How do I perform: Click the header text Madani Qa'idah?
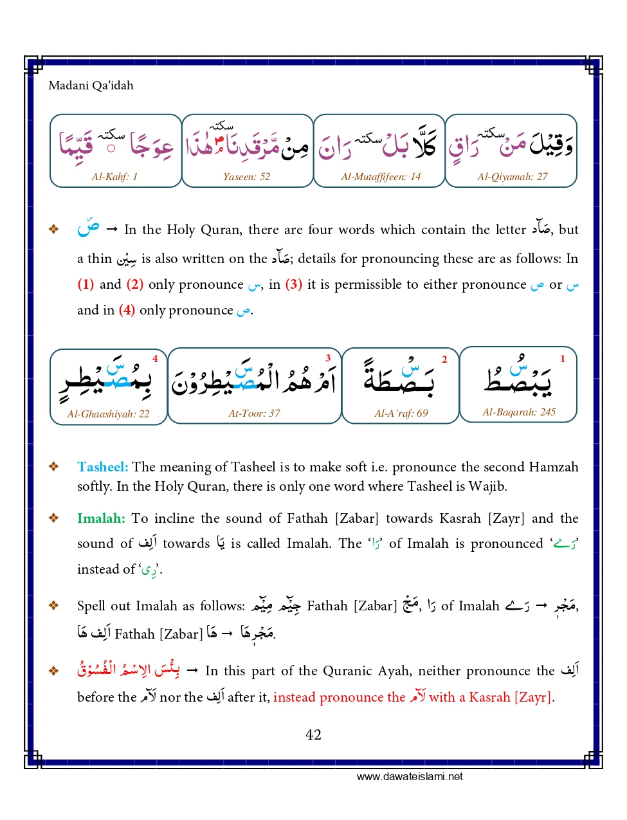click(x=91, y=86)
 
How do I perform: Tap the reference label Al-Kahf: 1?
click(x=114, y=176)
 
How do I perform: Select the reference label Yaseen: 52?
click(x=247, y=176)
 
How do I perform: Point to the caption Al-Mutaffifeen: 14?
click(x=381, y=176)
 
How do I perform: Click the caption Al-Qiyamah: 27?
click(x=513, y=176)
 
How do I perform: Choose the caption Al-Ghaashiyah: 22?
click(x=108, y=414)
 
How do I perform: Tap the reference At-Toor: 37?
click(x=255, y=414)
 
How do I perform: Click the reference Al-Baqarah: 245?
click(x=519, y=412)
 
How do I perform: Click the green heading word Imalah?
click(x=101, y=518)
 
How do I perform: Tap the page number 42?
click(x=313, y=735)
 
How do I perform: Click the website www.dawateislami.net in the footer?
click(x=410, y=776)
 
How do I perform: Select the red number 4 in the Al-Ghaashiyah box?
click(x=155, y=359)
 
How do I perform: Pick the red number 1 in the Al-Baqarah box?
click(x=563, y=359)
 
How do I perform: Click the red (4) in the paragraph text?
click(x=127, y=310)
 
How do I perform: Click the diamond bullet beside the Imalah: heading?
click(x=54, y=518)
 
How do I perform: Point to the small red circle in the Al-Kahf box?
click(x=111, y=149)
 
